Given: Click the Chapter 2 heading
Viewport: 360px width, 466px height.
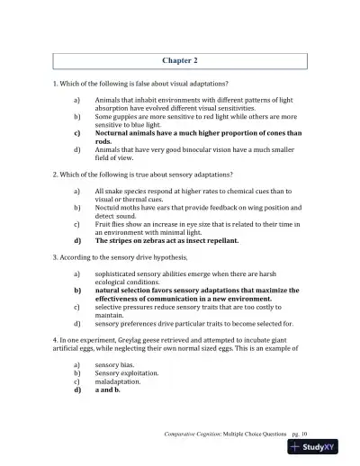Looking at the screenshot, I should coord(179,60).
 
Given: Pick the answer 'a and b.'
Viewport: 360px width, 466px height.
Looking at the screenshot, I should coord(108,390).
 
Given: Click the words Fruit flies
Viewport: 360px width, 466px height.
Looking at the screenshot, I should coord(111,225).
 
